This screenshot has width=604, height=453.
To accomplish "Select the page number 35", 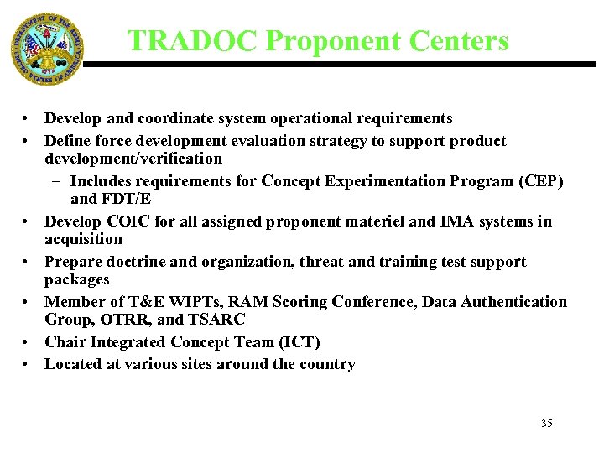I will (546, 424).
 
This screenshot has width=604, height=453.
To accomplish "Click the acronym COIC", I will (128, 221).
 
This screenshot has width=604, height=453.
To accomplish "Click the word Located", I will (73, 364).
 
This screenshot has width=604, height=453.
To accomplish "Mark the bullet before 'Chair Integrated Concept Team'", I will (28, 342).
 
